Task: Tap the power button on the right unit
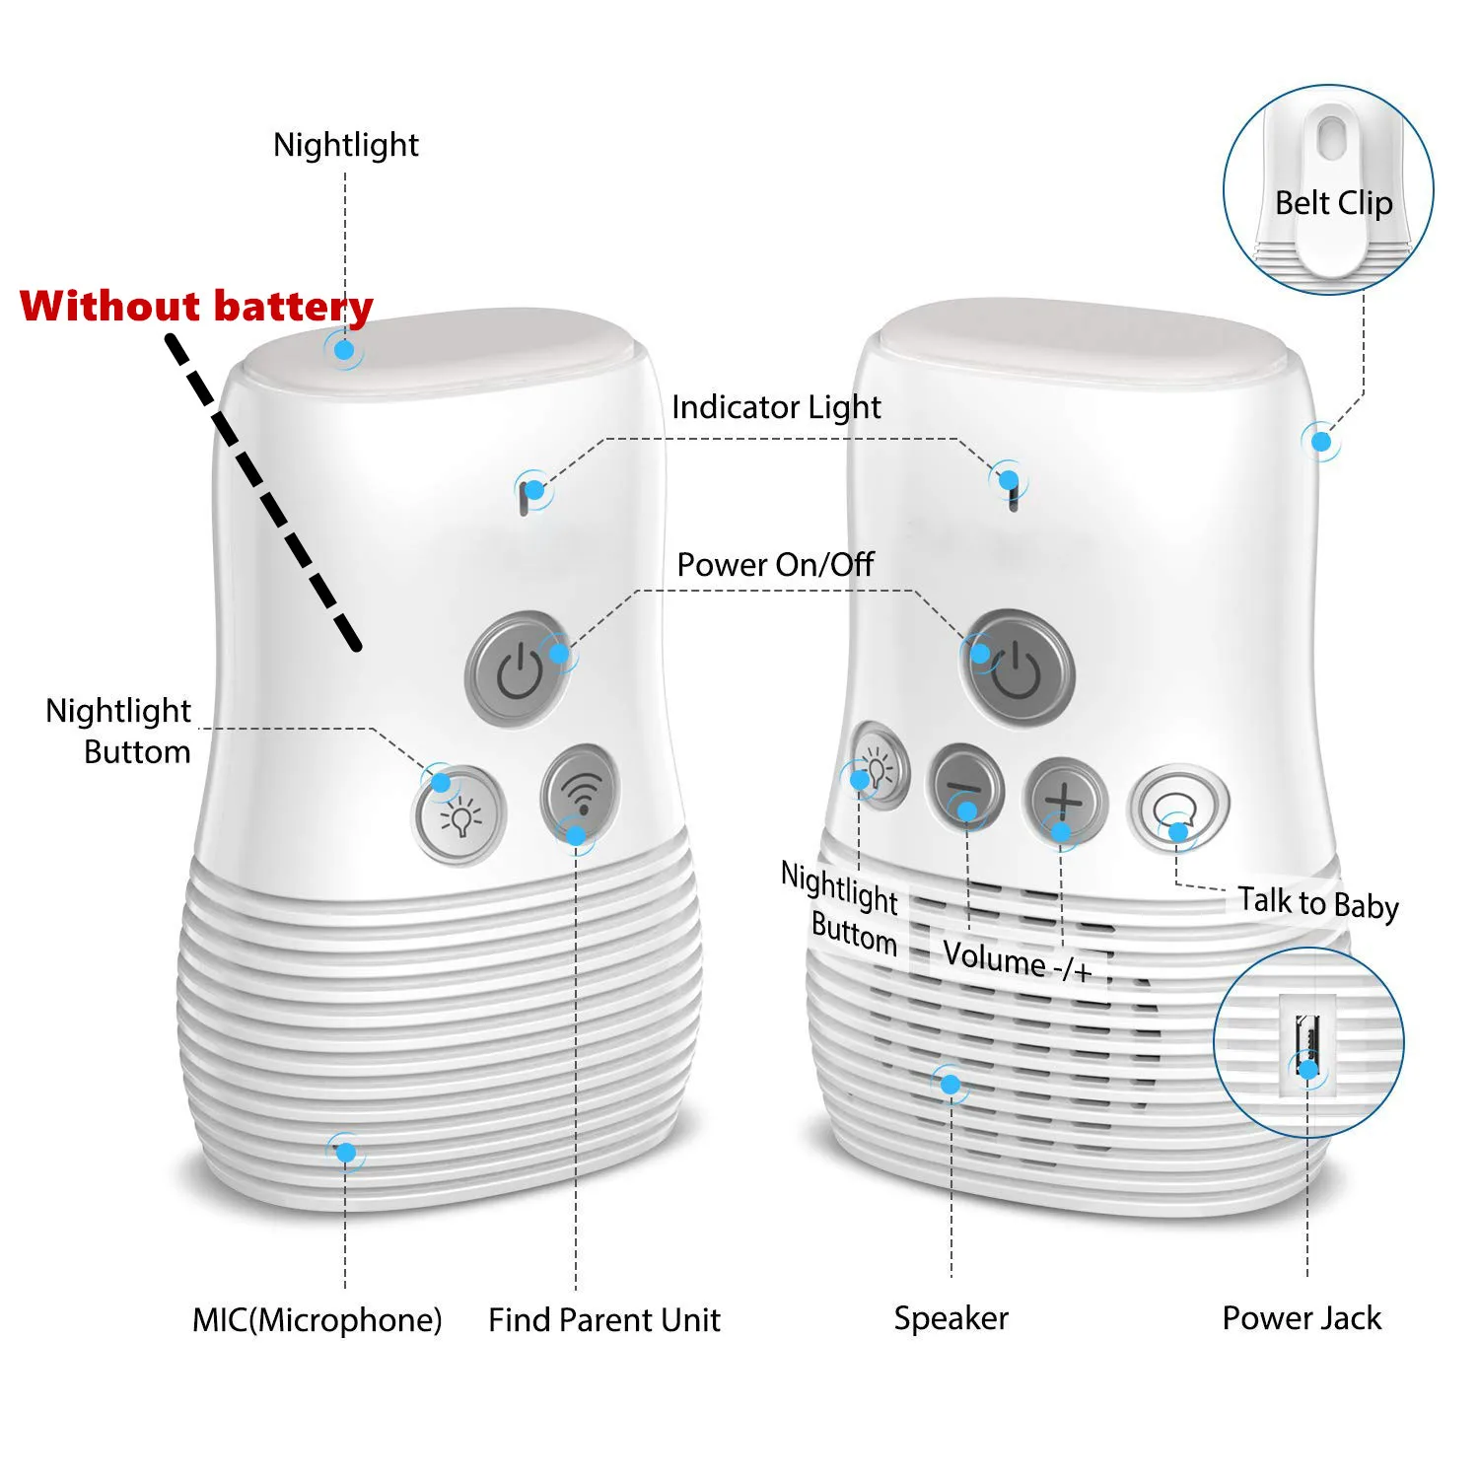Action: tap(1019, 669)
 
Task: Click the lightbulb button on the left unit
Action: tap(459, 815)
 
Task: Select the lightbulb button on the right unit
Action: tap(879, 767)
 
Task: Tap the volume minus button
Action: tap(965, 789)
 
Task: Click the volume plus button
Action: tap(1066, 799)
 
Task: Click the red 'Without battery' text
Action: tap(196, 306)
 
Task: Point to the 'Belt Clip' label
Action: tap(1333, 203)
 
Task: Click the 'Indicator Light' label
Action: tap(776, 407)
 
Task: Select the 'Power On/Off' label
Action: tap(775, 565)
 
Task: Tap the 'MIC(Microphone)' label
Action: tap(317, 1319)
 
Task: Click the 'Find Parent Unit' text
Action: tap(604, 1319)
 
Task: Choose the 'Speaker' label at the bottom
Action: tap(951, 1318)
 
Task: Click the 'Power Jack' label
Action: tap(1302, 1318)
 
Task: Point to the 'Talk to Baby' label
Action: tap(1317, 902)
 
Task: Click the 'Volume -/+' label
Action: tap(1017, 959)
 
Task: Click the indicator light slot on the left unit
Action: tap(524, 499)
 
